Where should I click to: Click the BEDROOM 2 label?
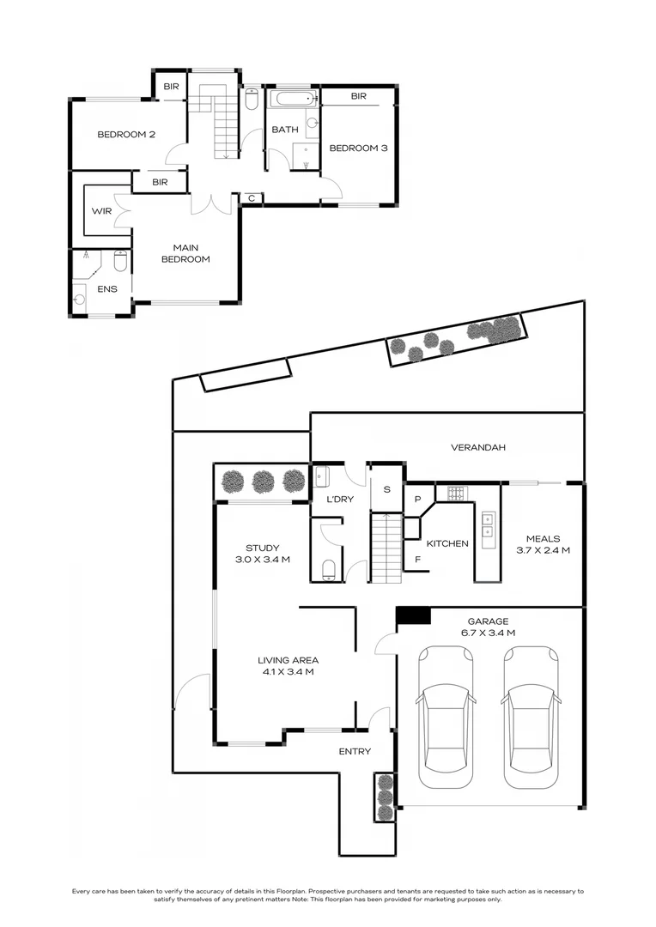[x=126, y=135]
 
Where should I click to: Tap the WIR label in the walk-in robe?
[x=101, y=211]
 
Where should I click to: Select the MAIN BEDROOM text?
[x=185, y=253]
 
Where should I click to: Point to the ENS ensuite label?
[x=107, y=289]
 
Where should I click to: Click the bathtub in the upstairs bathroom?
[x=294, y=99]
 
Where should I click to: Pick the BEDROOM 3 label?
[x=358, y=148]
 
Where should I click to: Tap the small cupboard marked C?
[x=252, y=198]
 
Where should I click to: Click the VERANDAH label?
[x=478, y=447]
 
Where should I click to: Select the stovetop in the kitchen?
[x=456, y=493]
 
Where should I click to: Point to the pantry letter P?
[x=417, y=500]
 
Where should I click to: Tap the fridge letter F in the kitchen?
[x=417, y=560]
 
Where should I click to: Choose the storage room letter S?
[x=387, y=489]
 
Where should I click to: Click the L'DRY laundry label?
[x=340, y=500]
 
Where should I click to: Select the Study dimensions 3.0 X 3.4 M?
[x=263, y=560]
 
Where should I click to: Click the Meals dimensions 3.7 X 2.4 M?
[x=543, y=550]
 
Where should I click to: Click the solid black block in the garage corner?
[x=413, y=615]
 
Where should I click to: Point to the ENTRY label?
[x=355, y=751]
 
